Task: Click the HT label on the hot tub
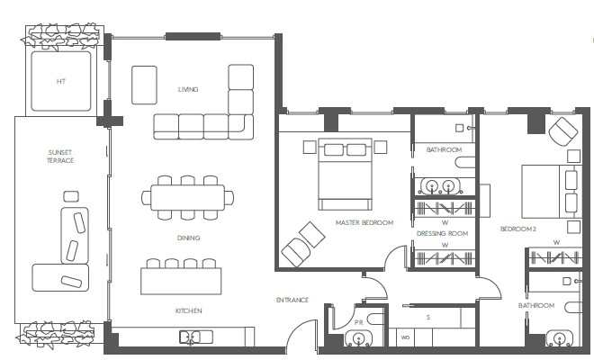[61, 81]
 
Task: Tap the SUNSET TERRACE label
[60, 157]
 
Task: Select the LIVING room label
[188, 89]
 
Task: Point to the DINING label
[188, 238]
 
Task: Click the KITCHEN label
[189, 310]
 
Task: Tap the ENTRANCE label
[292, 300]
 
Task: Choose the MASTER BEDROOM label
[364, 223]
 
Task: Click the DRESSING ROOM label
[443, 233]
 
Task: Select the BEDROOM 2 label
[518, 229]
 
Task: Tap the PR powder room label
[359, 322]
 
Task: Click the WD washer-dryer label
[405, 337]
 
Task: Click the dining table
[187, 197]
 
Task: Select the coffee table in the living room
[144, 85]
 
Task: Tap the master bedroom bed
[345, 174]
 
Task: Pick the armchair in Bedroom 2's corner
[563, 131]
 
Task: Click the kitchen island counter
[181, 281]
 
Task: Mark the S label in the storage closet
[428, 317]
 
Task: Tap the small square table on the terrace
[71, 197]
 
